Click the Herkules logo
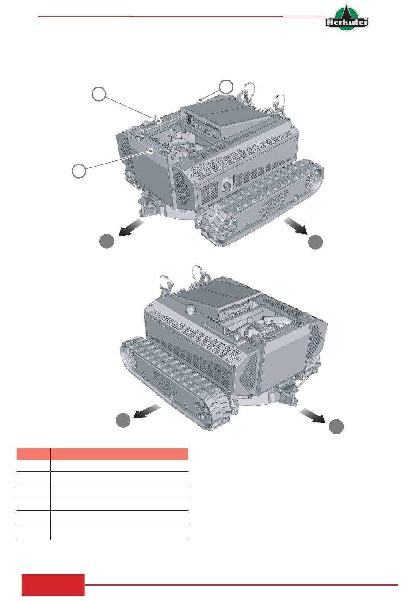tap(347, 17)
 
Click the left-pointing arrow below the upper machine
tap(131, 228)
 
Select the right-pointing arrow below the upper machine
tap(295, 226)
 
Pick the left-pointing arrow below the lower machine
tap(147, 411)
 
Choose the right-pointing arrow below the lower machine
tap(313, 415)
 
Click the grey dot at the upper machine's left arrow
tap(107, 241)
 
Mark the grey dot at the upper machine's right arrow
tap(315, 242)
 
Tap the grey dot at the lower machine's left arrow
tap(123, 420)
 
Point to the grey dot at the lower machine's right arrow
tap(336, 426)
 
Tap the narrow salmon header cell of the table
tap(34, 453)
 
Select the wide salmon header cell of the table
tap(119, 453)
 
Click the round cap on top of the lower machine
tap(191, 310)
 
